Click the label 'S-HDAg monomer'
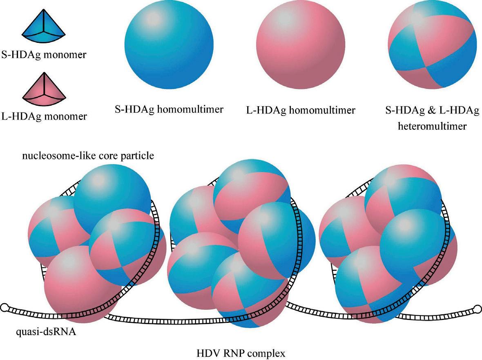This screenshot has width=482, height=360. pos(43,55)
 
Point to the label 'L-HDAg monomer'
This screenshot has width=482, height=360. pos(43,116)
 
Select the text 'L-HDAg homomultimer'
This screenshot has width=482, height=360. pos(301,109)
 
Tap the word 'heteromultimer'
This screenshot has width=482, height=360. pos(432,126)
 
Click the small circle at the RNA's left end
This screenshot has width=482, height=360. pos(4,307)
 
